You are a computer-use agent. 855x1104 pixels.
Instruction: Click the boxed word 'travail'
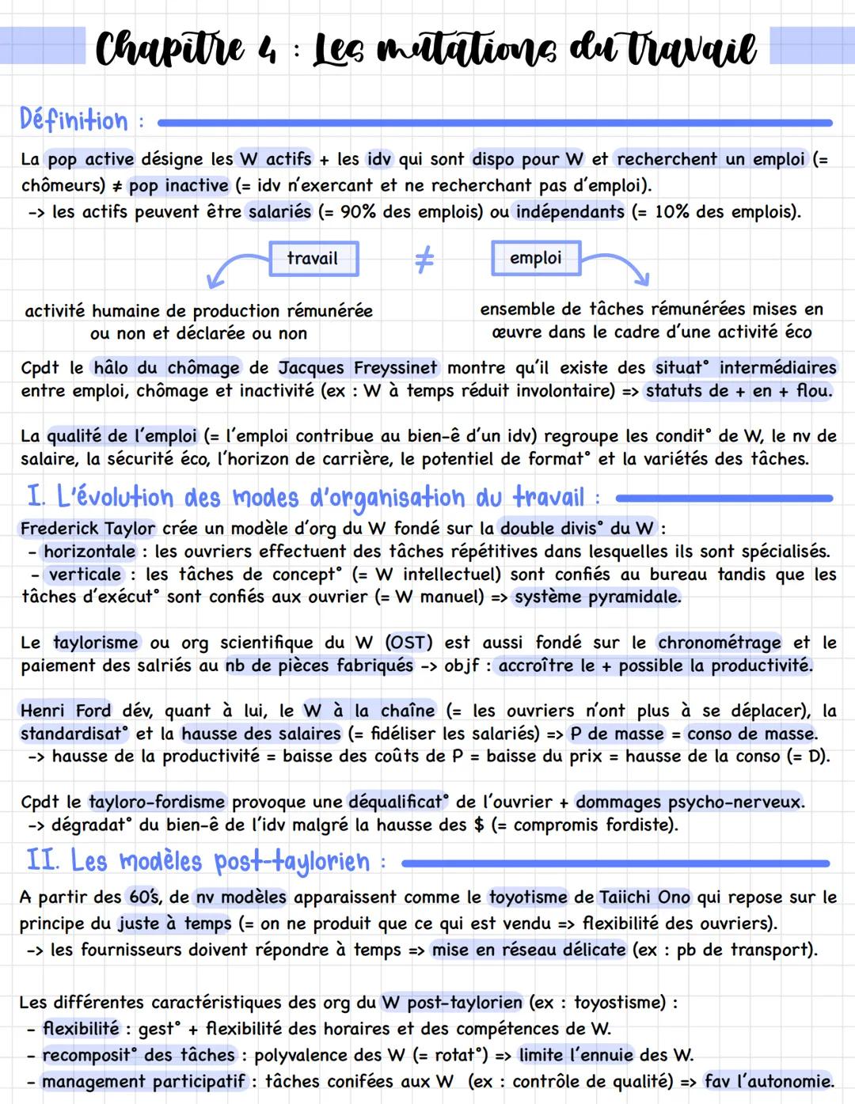point(313,259)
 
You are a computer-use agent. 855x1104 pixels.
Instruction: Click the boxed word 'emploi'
point(535,258)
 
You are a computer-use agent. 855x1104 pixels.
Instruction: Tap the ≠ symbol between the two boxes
point(424,260)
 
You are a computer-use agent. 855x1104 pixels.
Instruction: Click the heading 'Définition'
point(74,121)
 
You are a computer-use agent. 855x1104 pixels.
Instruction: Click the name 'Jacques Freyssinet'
point(357,368)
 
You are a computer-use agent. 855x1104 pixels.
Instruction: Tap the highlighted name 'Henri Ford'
point(66,711)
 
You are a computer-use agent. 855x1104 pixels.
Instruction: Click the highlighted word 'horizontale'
point(89,552)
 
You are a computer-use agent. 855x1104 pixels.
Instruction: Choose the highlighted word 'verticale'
point(85,575)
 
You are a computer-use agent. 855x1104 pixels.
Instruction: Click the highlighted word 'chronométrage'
point(719,643)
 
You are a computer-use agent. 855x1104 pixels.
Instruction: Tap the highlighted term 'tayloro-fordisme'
point(157,802)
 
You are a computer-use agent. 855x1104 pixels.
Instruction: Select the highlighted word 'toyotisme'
point(528,897)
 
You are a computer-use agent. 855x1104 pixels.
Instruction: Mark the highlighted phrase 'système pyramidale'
point(597,597)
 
